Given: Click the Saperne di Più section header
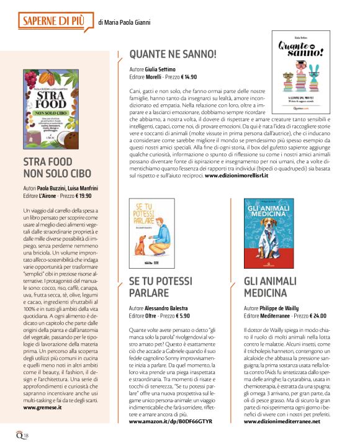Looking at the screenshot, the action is click(x=56, y=22).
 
